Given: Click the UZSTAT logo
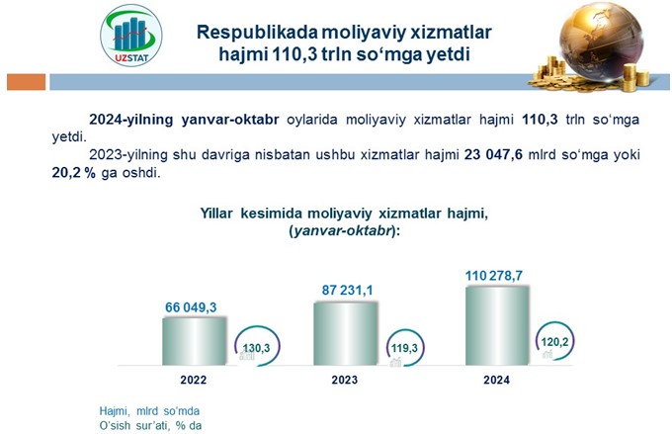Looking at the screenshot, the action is pyautogui.click(x=130, y=36).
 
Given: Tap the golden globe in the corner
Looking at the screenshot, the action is pyautogui.click(x=601, y=41).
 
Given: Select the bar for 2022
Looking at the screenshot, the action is pyautogui.click(x=194, y=341).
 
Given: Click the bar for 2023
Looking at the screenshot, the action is pyautogui.click(x=346, y=333).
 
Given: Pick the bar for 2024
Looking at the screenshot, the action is pyautogui.click(x=497, y=326).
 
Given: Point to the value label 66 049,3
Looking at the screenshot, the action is pyautogui.click(x=191, y=307).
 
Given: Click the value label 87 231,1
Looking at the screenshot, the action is pyautogui.click(x=347, y=291).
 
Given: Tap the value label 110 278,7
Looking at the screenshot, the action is pyautogui.click(x=494, y=276).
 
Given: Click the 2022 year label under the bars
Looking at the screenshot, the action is pyautogui.click(x=194, y=380).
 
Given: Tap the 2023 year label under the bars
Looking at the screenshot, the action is pyautogui.click(x=345, y=380).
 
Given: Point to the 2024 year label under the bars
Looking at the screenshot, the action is pyautogui.click(x=497, y=380).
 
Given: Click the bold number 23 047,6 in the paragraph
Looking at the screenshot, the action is pyautogui.click(x=493, y=154).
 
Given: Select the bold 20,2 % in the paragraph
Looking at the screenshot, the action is pyautogui.click(x=74, y=173).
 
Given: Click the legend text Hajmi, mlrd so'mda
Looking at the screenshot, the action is pyautogui.click(x=149, y=411).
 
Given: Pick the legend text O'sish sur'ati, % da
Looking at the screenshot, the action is pyautogui.click(x=150, y=426).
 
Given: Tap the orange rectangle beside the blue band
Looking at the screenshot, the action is pyautogui.click(x=26, y=82).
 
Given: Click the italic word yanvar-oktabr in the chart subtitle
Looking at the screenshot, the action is pyautogui.click(x=343, y=231).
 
